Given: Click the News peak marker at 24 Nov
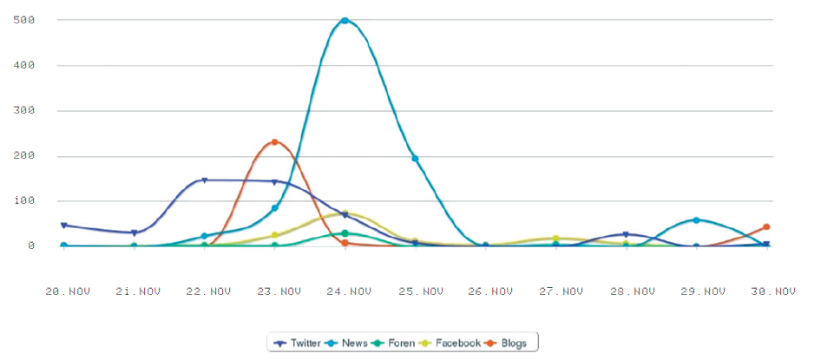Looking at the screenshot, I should (345, 20).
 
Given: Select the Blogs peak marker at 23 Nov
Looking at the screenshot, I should (274, 142).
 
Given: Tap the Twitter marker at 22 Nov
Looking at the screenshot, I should (204, 180).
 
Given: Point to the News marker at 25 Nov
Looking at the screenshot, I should (415, 159).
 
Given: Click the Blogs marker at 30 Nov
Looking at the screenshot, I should (766, 227).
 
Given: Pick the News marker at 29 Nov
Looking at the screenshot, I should (696, 220).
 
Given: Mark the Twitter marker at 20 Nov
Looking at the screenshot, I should (63, 226).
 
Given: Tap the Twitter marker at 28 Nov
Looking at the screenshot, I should (626, 235).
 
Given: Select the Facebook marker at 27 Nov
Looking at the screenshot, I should (555, 239).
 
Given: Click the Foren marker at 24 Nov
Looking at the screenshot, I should (345, 233).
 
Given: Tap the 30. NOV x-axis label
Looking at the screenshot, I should (772, 291).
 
